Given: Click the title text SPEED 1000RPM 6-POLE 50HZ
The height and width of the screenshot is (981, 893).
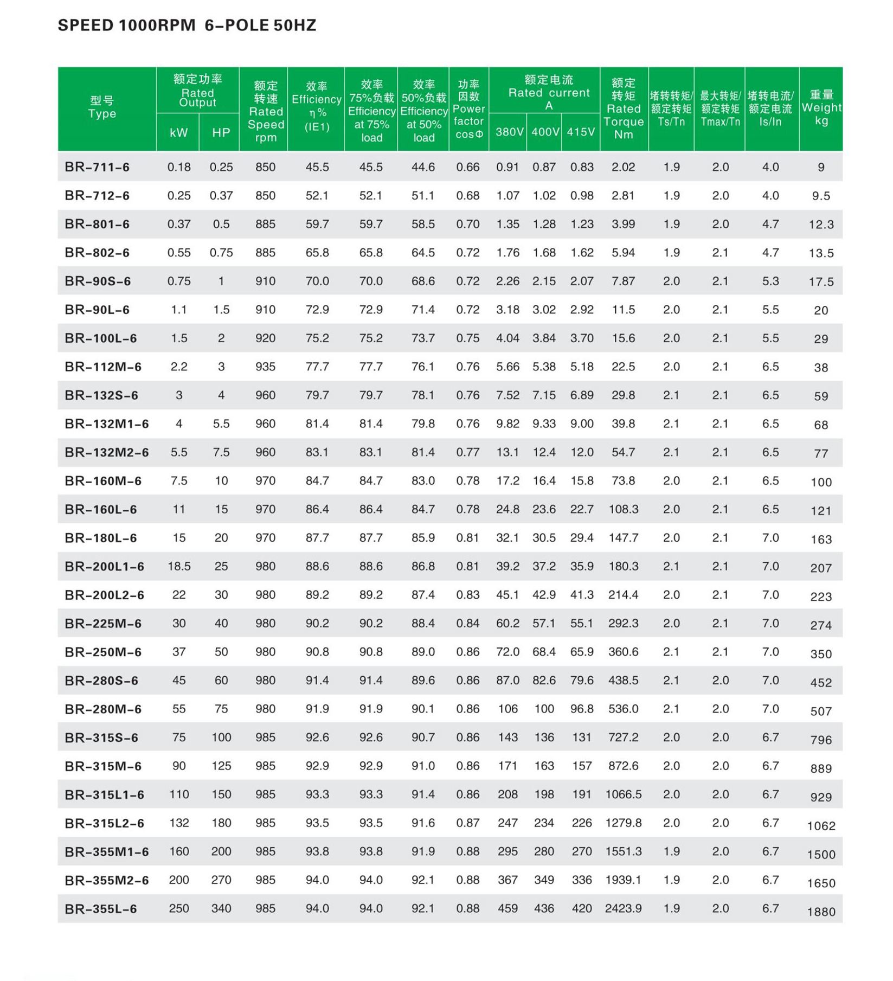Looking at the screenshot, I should click(187, 25).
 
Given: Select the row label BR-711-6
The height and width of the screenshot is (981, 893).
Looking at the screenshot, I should click(97, 167).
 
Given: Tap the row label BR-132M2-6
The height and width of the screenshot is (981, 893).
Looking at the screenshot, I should click(106, 452).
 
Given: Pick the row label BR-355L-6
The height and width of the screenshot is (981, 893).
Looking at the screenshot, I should click(100, 908).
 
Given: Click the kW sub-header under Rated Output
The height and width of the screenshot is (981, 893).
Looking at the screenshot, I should click(178, 133).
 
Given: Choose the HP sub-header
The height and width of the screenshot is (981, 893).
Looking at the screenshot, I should click(221, 133).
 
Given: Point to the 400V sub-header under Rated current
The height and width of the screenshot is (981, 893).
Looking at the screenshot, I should click(544, 132).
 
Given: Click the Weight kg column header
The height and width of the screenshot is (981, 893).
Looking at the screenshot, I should click(821, 108).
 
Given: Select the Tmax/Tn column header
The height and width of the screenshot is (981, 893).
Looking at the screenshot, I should click(720, 108).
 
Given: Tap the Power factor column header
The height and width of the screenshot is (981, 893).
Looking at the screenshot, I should click(468, 109).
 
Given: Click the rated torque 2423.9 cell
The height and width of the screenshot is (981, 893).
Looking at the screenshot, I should click(624, 908).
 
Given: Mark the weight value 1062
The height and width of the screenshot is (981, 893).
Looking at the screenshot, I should click(821, 826).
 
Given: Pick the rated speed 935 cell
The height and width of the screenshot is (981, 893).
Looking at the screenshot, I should click(265, 367).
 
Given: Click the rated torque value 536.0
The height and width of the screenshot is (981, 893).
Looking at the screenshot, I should click(624, 709).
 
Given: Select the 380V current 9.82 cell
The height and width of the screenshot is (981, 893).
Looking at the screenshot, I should click(507, 424).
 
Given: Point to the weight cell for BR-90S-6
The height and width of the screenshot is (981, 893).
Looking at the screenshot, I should click(821, 282).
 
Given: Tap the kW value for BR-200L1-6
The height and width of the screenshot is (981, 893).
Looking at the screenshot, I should click(179, 566).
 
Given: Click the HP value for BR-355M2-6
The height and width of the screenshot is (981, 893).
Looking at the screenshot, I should click(221, 880).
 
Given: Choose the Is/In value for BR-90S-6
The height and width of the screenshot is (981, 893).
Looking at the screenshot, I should click(770, 281).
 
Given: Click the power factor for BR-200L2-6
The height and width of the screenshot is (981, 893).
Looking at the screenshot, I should click(467, 595).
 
